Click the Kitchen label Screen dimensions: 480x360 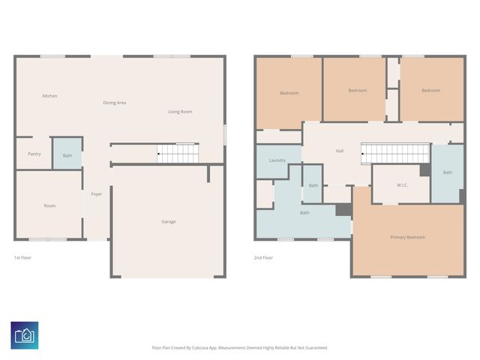(50, 96)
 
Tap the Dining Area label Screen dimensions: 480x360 (115, 103)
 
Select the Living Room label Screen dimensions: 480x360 (180, 112)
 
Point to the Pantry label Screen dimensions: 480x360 (34, 154)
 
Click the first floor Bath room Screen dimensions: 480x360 (67, 153)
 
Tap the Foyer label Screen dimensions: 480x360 (97, 194)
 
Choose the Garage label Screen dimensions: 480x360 (169, 222)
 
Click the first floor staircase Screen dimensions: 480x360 (178, 153)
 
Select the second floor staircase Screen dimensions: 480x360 (395, 154)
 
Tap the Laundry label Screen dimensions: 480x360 (277, 160)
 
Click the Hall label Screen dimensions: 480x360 (340, 151)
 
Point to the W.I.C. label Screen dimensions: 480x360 (402, 185)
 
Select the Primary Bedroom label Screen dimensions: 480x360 (408, 237)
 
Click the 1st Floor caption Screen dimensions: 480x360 (22, 258)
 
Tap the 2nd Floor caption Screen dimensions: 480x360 (263, 258)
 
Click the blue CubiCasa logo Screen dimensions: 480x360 (25, 335)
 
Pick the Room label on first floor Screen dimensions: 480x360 (50, 205)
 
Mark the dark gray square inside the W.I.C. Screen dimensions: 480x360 (425, 170)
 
